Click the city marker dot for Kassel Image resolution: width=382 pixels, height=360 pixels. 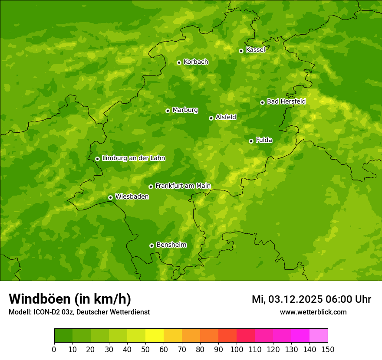click(241, 51)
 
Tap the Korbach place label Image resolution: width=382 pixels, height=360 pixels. click(196, 62)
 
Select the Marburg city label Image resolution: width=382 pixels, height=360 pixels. click(185, 110)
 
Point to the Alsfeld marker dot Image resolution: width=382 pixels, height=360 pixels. click(211, 118)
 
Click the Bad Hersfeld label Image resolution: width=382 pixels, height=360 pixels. click(286, 102)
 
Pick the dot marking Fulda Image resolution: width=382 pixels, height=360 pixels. click(251, 141)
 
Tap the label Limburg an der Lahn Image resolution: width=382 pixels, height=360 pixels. click(133, 158)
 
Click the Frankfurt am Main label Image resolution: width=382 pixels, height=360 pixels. click(183, 186)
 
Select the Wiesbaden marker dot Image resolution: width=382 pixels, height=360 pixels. click(110, 197)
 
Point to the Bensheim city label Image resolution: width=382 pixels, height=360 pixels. click(171, 245)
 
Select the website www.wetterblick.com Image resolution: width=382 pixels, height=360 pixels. click(313, 312)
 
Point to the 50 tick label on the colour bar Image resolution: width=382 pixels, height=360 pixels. click(145, 349)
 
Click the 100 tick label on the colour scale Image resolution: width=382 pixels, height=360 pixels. click(237, 349)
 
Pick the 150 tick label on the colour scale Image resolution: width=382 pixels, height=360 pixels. click(328, 349)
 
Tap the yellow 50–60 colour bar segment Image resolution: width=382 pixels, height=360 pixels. click(155, 336)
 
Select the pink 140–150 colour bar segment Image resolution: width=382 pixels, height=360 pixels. click(319, 336)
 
